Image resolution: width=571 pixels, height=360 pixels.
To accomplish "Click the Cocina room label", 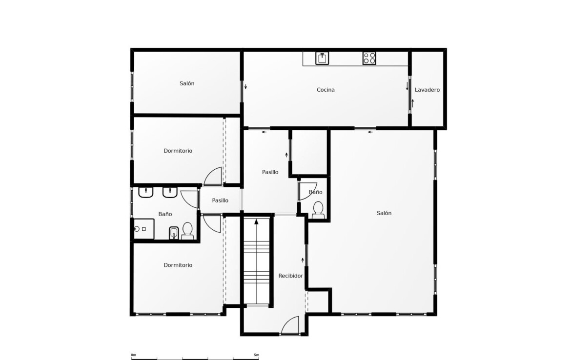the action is tap(326, 90).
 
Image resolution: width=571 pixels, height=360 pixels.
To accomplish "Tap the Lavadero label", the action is tap(427, 90).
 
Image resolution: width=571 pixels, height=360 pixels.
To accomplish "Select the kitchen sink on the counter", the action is tap(322, 58).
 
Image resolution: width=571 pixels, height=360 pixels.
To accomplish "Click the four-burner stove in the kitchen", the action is tap(369, 58).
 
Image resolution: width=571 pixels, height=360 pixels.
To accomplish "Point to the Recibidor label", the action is tap(290, 276).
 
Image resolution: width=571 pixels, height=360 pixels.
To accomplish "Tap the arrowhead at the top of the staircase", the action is tap(256, 221).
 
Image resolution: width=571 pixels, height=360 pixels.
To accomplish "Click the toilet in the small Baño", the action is tap(318, 210).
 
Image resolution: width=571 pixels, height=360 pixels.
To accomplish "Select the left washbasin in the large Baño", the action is tap(145, 192).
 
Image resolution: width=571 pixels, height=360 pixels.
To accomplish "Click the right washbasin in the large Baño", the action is tap(170, 192).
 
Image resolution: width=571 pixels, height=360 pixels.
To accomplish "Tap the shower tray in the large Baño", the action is tap(144, 229).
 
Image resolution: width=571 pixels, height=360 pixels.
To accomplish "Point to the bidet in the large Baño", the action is tap(174, 233).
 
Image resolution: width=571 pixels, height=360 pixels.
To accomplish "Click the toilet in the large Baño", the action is tap(187, 231).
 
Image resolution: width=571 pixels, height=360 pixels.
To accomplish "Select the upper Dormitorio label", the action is tap(178, 151).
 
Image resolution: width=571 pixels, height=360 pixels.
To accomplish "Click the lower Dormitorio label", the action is tap(178, 265).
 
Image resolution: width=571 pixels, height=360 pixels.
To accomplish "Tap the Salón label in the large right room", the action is tap(384, 213).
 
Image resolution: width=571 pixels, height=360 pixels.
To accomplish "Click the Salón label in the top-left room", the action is tap(187, 83).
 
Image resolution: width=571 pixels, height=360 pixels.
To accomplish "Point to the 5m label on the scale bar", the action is tap(256, 355).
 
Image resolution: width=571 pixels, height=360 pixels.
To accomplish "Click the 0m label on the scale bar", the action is tap(133, 355).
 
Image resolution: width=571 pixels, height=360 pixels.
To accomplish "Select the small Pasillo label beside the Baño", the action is tap(220, 200).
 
